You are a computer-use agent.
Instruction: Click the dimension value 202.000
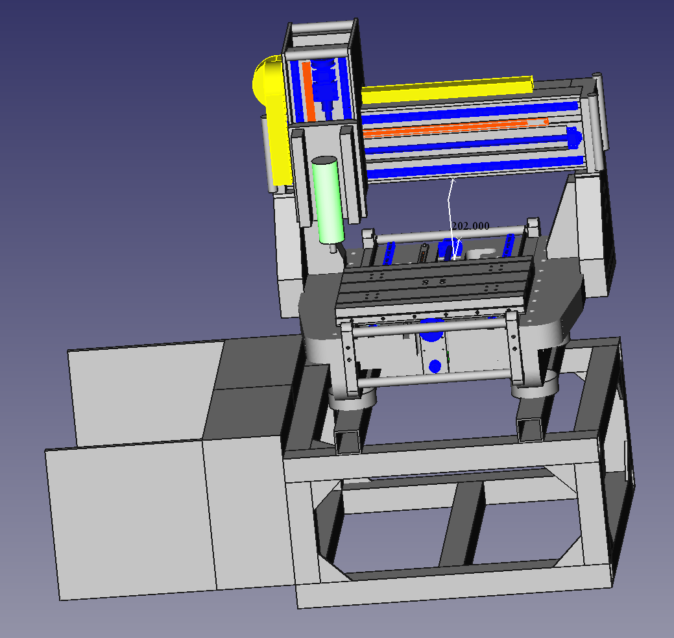470,226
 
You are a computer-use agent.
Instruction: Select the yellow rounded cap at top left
267,80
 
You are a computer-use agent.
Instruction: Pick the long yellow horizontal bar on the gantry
447,89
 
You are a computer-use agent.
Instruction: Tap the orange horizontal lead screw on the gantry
455,127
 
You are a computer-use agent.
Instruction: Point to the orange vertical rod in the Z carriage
307,92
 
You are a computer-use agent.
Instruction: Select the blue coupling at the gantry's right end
574,138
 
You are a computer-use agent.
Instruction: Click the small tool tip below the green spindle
333,248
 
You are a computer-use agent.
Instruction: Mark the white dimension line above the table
450,219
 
